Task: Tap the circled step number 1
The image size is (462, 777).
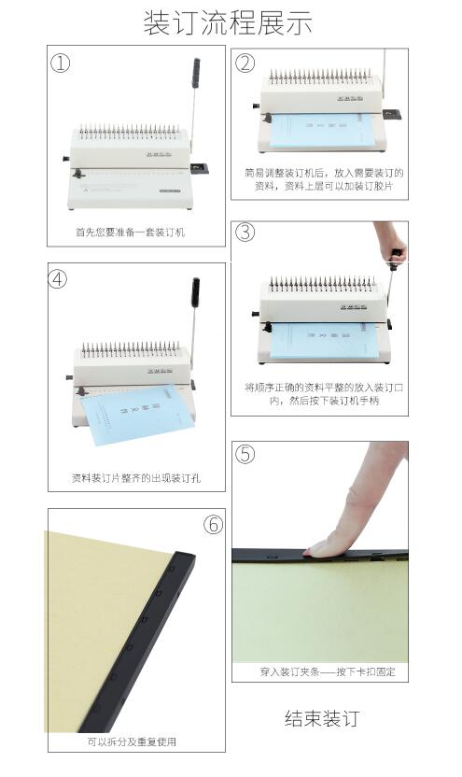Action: [x=61, y=64]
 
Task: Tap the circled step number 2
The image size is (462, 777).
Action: [x=245, y=64]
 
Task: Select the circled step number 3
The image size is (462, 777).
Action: [x=245, y=233]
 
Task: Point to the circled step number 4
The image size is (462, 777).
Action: [x=61, y=279]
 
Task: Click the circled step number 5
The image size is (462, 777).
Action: [x=245, y=454]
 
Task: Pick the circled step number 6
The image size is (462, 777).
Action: [x=214, y=525]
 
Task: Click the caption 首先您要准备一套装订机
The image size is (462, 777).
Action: [x=130, y=232]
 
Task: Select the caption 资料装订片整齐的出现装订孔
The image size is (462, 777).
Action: [x=135, y=478]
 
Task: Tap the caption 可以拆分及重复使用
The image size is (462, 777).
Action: [x=132, y=742]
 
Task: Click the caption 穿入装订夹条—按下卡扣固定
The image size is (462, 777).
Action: [x=320, y=671]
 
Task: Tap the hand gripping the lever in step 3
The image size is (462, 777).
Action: [x=393, y=242]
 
